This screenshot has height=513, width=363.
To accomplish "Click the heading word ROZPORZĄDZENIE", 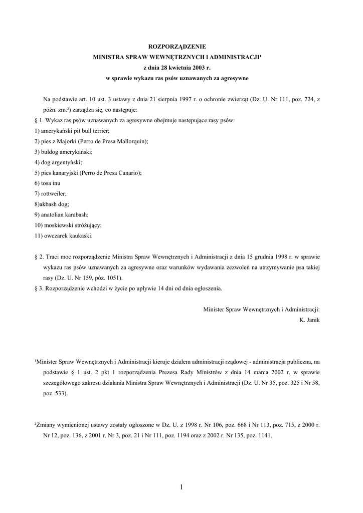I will point(181,46).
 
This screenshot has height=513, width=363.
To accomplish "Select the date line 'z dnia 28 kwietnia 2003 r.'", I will point(181,68).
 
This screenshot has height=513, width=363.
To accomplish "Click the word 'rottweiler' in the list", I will point(54,194).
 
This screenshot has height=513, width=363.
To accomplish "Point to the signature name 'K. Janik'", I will point(309,319).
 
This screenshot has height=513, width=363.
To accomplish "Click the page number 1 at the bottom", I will point(181,487).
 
